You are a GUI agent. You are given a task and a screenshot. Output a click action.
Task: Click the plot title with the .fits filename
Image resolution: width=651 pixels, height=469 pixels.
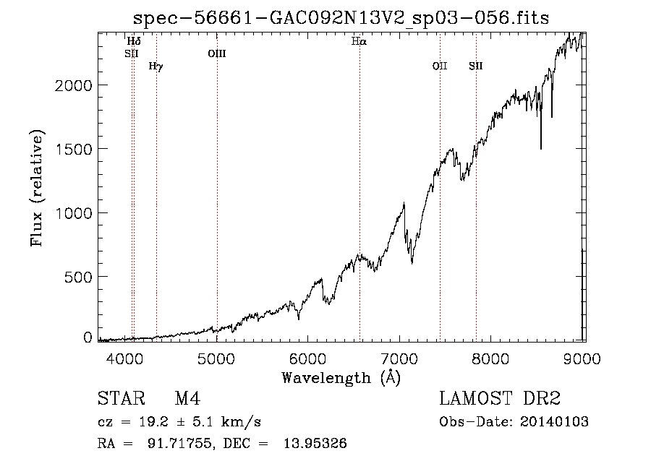(x=341, y=18)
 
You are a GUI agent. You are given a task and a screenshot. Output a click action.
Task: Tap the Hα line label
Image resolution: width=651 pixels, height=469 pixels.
(x=359, y=41)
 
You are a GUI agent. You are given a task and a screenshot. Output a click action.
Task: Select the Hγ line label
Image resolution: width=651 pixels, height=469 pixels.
(x=156, y=66)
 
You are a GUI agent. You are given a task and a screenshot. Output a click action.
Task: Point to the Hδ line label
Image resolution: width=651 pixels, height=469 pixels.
(x=134, y=41)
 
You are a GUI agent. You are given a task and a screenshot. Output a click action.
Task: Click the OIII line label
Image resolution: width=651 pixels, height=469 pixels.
(x=217, y=53)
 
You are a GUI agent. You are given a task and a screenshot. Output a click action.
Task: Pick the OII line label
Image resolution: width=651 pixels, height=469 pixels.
(x=440, y=66)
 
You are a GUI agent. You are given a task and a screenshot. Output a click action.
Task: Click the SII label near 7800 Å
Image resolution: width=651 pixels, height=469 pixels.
(x=476, y=66)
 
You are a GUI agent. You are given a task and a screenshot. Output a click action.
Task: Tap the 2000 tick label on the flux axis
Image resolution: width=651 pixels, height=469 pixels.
(x=73, y=86)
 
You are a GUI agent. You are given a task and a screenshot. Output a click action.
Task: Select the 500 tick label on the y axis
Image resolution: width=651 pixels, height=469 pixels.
(x=77, y=277)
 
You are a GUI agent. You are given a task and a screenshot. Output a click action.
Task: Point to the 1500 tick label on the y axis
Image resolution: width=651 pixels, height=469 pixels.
(x=73, y=150)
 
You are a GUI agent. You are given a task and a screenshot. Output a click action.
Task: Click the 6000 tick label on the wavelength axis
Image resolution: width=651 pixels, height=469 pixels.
(x=307, y=358)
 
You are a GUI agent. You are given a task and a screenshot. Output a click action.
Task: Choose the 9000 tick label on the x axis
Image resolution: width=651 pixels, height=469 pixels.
(x=582, y=358)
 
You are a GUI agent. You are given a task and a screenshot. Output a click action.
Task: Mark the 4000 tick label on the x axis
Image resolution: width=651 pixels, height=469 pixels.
(x=124, y=358)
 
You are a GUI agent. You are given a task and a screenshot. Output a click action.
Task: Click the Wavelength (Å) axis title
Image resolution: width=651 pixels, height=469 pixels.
(x=341, y=378)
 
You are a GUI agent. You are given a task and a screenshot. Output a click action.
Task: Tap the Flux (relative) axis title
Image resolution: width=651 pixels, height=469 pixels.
(x=37, y=189)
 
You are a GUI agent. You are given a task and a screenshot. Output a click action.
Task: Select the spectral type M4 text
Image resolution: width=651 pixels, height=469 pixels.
(x=187, y=398)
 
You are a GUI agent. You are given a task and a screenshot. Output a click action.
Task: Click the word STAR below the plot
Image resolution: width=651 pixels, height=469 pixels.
(x=122, y=398)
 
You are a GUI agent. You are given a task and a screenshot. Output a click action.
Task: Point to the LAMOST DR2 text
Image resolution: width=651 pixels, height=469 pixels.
(x=500, y=398)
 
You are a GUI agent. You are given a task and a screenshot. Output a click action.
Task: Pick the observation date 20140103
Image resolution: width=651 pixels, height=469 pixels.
(x=554, y=422)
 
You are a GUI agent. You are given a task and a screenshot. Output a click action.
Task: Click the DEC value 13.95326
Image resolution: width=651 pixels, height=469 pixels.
(x=315, y=443)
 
